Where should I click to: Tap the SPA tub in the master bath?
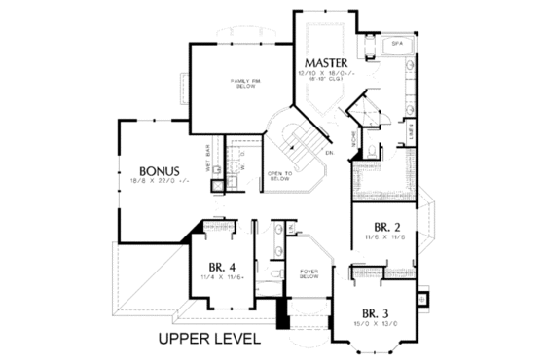click(x=397, y=45)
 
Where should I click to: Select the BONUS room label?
click(x=157, y=167)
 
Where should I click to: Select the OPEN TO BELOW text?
click(x=280, y=177)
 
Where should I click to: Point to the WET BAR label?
click(x=207, y=158)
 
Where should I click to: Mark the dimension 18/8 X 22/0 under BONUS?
click(x=157, y=180)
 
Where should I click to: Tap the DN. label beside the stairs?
click(x=330, y=153)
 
